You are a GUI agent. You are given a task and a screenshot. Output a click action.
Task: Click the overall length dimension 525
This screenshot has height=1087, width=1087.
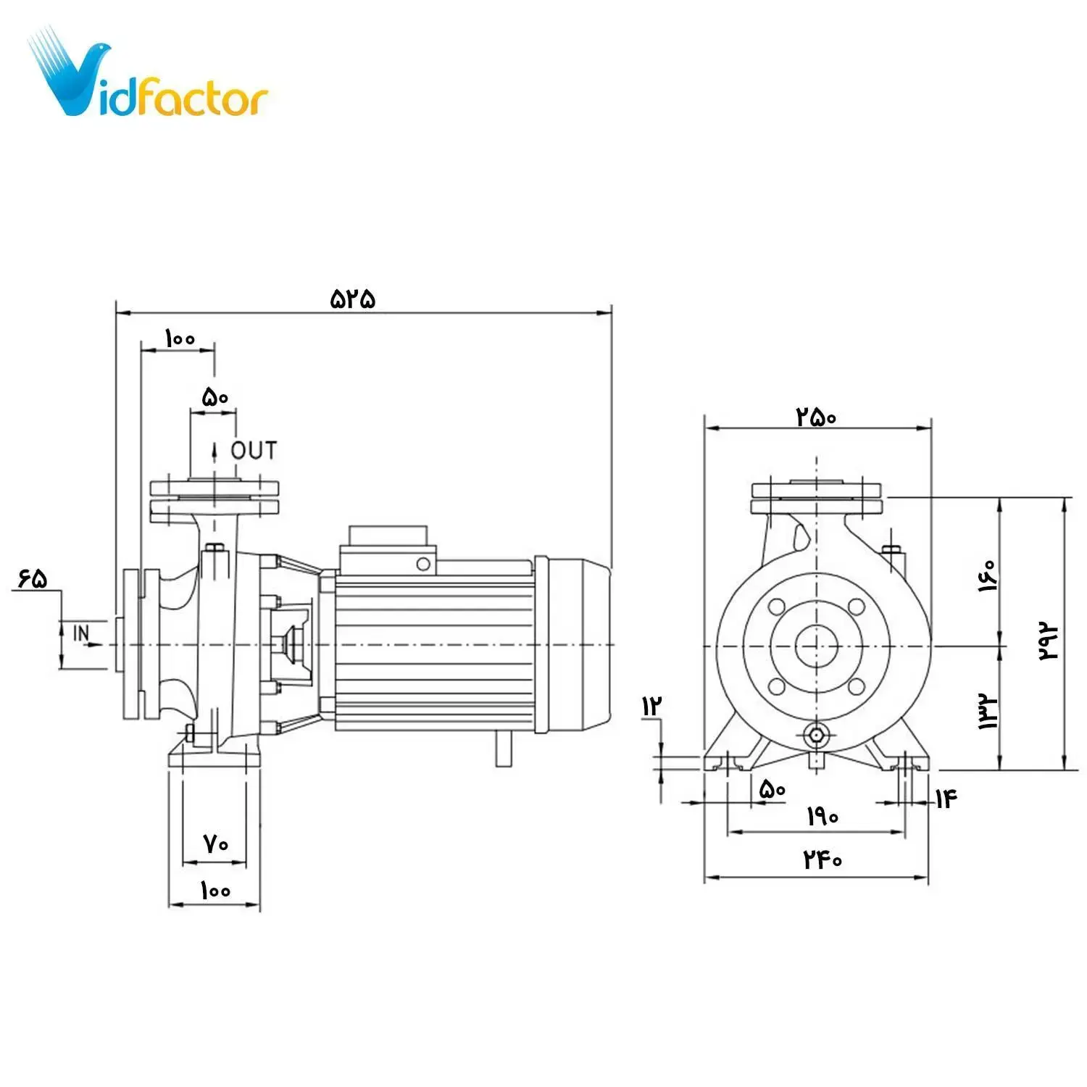pyautogui.click(x=353, y=299)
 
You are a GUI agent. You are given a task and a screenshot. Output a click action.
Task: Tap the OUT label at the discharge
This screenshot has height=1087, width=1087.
pyautogui.click(x=254, y=451)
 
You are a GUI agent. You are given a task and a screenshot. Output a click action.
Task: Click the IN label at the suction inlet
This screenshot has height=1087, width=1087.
pyautogui.click(x=81, y=633)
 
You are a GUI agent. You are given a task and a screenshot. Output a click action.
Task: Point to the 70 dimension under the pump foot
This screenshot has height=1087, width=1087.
pyautogui.click(x=215, y=844)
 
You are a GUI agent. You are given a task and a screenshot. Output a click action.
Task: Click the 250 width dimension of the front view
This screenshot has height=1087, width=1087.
pyautogui.click(x=816, y=417)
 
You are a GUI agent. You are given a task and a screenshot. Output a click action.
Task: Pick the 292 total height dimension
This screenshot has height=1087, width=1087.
pyautogui.click(x=1049, y=639)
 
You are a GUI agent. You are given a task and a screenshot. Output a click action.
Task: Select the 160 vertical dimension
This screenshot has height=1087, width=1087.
pyautogui.click(x=987, y=576)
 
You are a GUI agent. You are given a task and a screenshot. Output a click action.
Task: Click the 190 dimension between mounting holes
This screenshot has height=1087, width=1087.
pyautogui.click(x=822, y=817)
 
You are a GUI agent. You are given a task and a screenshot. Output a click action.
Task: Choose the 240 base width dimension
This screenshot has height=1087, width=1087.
pyautogui.click(x=822, y=859)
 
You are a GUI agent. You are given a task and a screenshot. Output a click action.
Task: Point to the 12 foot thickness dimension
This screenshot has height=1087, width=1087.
pyautogui.click(x=651, y=706)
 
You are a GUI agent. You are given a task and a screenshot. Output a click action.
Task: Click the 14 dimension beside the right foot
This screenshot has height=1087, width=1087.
pyautogui.click(x=946, y=799)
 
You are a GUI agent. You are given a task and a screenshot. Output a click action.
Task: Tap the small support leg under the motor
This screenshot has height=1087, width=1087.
pyautogui.click(x=504, y=748)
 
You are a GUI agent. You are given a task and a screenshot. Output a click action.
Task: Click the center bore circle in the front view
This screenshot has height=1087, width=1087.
pyautogui.click(x=817, y=646)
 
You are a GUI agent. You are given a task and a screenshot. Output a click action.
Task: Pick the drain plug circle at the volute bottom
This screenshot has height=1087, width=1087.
pyautogui.click(x=817, y=735)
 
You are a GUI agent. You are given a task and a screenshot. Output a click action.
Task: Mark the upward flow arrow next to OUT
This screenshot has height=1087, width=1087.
pyautogui.click(x=215, y=451)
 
